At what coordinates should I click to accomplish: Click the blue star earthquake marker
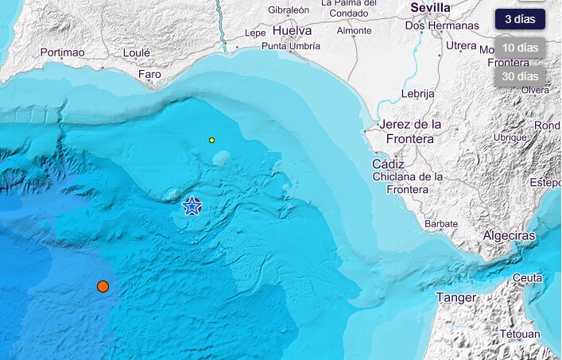click(x=192, y=206)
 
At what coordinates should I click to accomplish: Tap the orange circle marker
click(x=103, y=286)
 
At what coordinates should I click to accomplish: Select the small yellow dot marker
click(x=211, y=140)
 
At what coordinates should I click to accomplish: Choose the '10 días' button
click(x=520, y=48)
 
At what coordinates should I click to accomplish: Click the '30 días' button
click(x=520, y=76)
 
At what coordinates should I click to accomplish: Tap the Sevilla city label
click(x=430, y=8)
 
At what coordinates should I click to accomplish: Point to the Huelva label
click(x=292, y=30)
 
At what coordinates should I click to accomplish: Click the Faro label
click(x=149, y=75)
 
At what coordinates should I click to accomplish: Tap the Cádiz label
click(x=389, y=164)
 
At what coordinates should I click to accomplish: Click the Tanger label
click(x=456, y=297)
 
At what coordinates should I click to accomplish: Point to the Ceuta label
click(x=528, y=277)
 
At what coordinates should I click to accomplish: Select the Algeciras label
click(x=509, y=236)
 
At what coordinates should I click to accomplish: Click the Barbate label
click(x=441, y=224)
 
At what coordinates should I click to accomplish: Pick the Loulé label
click(x=137, y=52)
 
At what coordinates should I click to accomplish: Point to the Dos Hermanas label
click(x=441, y=25)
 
